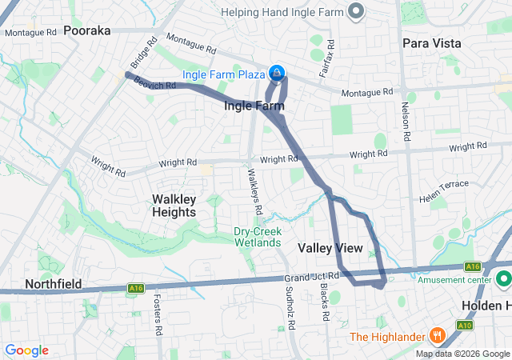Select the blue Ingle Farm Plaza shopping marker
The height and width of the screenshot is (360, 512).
(x=276, y=74)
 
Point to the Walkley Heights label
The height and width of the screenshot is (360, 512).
(x=174, y=206)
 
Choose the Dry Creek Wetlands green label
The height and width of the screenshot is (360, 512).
(x=257, y=236)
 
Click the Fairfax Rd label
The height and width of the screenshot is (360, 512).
(x=324, y=62)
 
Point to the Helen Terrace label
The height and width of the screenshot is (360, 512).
(x=444, y=186)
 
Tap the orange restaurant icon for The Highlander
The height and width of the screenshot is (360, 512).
(x=437, y=334)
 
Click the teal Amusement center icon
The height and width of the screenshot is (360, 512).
(x=504, y=280)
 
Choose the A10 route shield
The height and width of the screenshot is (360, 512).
(x=464, y=326)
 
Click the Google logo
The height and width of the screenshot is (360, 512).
(x=27, y=350)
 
